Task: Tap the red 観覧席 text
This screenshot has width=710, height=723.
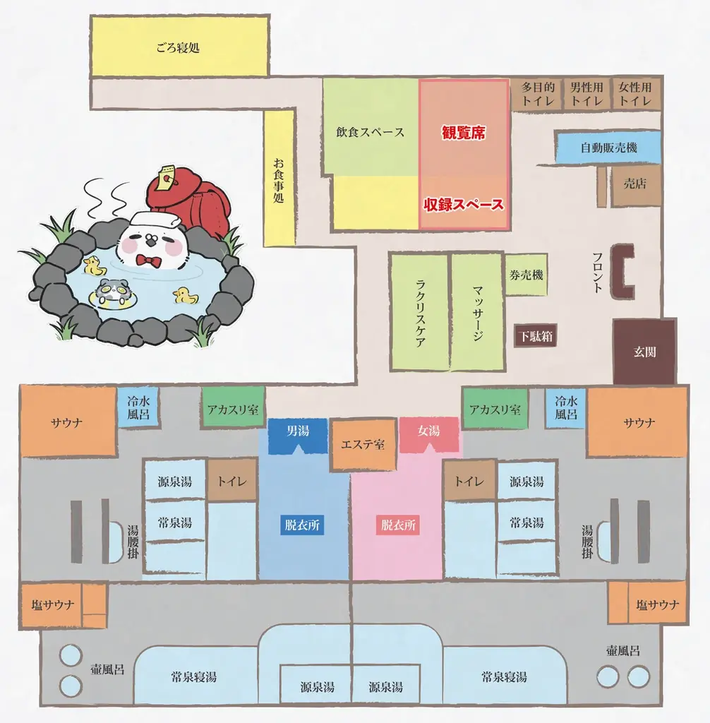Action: point(464,132)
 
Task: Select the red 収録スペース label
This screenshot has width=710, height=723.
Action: point(464,205)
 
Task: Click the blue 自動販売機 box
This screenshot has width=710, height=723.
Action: point(608,148)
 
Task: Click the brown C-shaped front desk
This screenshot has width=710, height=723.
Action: point(624,272)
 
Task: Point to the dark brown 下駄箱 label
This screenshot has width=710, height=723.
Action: point(535,335)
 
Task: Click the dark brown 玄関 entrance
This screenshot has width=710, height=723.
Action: point(644,351)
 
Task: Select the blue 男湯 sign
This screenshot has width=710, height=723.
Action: point(298,430)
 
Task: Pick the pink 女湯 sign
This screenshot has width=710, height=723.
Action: point(429,430)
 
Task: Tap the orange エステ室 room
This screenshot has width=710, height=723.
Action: point(363,445)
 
